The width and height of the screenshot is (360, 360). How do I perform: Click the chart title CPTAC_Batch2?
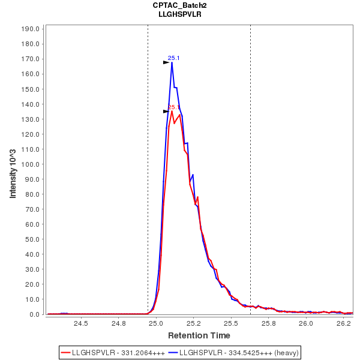[x=180, y=5]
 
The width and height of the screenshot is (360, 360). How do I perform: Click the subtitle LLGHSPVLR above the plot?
[x=180, y=14]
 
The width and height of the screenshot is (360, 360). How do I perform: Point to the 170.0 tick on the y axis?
[x=31, y=59]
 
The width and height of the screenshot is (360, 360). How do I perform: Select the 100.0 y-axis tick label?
[x=31, y=164]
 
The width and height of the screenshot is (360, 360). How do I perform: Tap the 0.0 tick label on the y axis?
[x=35, y=314]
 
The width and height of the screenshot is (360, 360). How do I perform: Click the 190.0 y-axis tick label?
[x=31, y=29]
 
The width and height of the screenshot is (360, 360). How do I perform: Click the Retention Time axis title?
[x=198, y=335]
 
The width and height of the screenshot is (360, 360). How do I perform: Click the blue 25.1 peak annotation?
[x=174, y=58]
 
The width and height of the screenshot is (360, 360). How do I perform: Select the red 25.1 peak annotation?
[x=174, y=107]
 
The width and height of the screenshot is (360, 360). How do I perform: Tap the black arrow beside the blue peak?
[x=166, y=62]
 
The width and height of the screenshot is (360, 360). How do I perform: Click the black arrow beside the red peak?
[x=166, y=112]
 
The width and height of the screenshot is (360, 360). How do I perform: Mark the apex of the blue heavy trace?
[x=172, y=62]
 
